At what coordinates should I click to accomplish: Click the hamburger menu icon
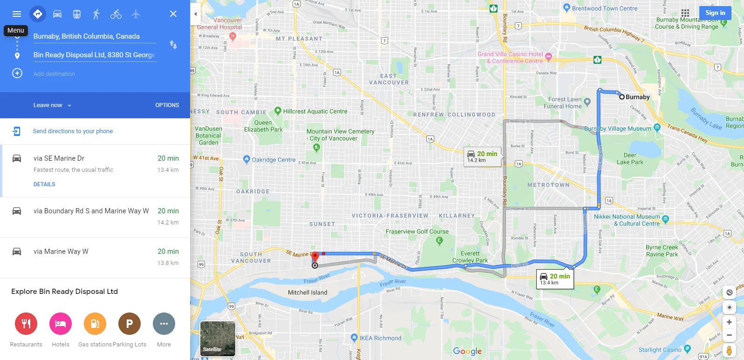(x=17, y=14)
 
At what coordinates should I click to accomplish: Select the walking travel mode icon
(x=96, y=14)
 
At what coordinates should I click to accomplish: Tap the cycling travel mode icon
(x=116, y=14)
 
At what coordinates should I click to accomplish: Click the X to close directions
(x=173, y=14)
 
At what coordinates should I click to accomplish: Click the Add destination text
(x=54, y=74)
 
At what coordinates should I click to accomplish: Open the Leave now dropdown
(x=52, y=105)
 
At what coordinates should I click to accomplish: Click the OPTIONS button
(x=167, y=105)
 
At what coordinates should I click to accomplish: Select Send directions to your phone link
(x=73, y=131)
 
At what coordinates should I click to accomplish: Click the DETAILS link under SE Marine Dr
(x=44, y=184)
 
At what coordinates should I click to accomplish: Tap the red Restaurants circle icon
(x=26, y=324)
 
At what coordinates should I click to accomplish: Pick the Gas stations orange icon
(x=95, y=324)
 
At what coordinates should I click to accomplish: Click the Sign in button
(x=715, y=13)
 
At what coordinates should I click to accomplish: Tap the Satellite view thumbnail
(x=218, y=339)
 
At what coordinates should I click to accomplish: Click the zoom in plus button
(x=729, y=322)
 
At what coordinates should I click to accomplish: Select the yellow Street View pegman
(x=729, y=350)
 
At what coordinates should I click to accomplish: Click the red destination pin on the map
(x=315, y=257)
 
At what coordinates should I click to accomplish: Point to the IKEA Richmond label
(x=380, y=338)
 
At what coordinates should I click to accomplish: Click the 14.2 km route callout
(x=483, y=157)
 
